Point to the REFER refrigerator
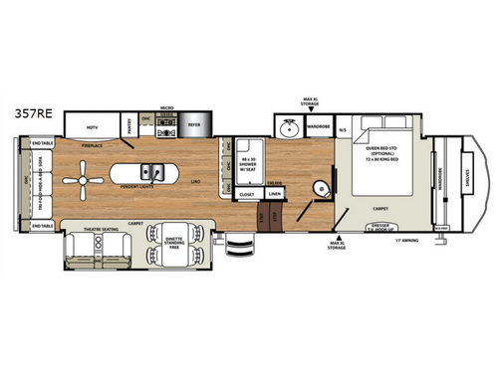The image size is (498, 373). (x=195, y=126)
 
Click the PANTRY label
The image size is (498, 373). (x=129, y=125)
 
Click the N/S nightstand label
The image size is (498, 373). (x=343, y=129)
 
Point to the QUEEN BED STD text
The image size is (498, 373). (x=382, y=145)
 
